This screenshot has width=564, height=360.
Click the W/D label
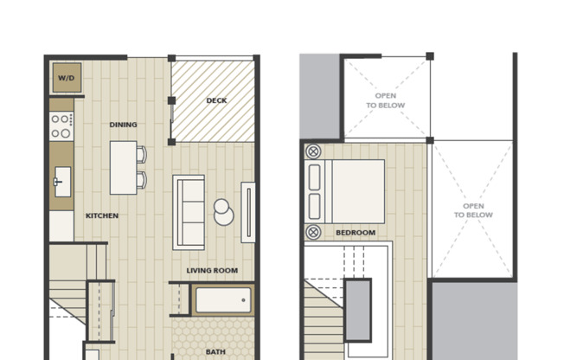click(66, 79)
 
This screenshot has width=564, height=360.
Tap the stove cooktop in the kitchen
click(61, 126)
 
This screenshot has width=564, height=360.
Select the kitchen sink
click(62, 183)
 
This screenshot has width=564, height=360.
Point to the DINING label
click(123, 125)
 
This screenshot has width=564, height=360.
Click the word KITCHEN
click(102, 215)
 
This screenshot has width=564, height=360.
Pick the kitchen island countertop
click(122, 167)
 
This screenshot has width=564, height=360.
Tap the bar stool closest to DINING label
click(141, 155)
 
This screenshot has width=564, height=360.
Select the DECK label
click(216, 101)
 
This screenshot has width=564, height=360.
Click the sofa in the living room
click(189, 212)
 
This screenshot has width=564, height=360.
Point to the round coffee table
click(224, 211)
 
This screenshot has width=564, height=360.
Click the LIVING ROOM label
click(212, 271)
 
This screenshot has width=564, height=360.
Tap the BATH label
click(215, 352)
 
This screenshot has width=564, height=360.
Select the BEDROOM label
click(355, 233)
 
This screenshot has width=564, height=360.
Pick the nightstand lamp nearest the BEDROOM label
click(313, 232)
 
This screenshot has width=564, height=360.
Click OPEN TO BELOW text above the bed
click(385, 100)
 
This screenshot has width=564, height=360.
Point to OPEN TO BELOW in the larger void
click(473, 210)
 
